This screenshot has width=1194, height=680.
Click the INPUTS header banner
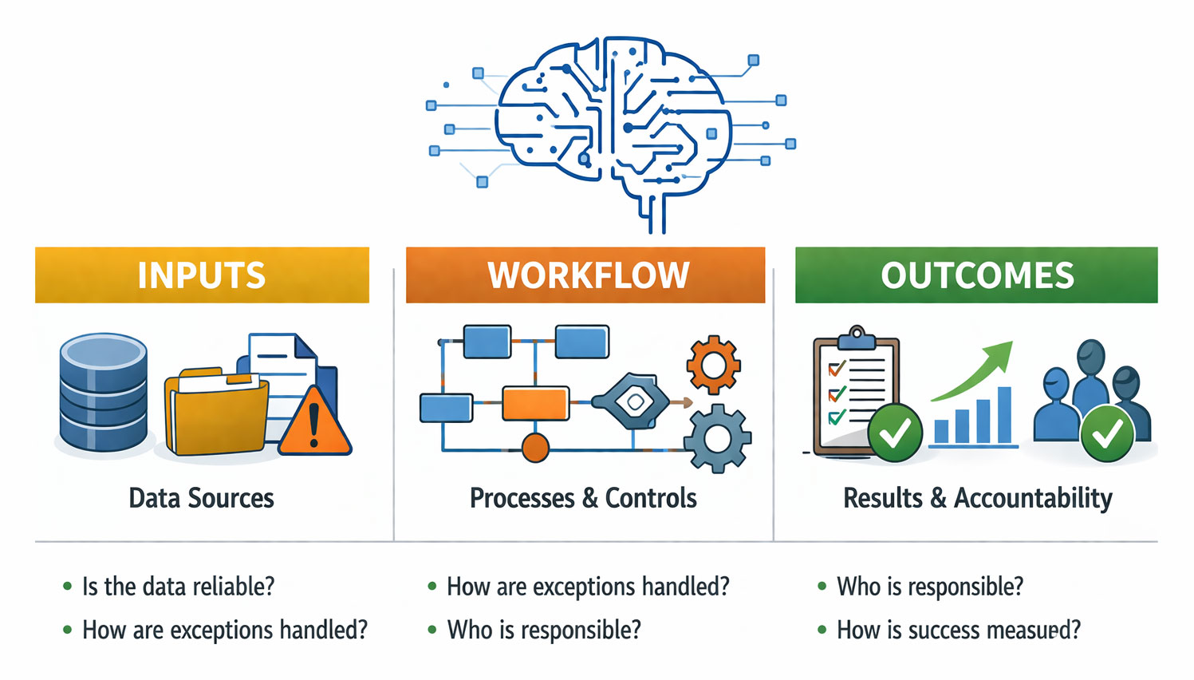click(202, 275)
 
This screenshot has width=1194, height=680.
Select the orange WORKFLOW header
click(585, 275)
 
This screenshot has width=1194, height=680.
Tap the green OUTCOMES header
click(976, 275)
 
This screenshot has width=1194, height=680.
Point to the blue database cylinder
click(104, 391)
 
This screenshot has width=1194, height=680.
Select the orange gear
click(713, 365)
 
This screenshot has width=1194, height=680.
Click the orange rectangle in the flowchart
click(535, 404)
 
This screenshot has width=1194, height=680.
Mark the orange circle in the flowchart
click(535, 448)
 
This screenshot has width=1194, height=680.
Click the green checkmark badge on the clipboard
click(895, 433)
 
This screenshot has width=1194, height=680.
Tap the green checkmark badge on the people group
click(1107, 433)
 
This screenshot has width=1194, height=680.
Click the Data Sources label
click(201, 498)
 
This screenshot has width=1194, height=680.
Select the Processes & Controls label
click(583, 498)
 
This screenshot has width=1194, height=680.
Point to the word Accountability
click(1033, 498)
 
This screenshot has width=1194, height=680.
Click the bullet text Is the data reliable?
click(178, 587)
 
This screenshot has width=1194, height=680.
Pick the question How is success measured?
click(958, 631)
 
